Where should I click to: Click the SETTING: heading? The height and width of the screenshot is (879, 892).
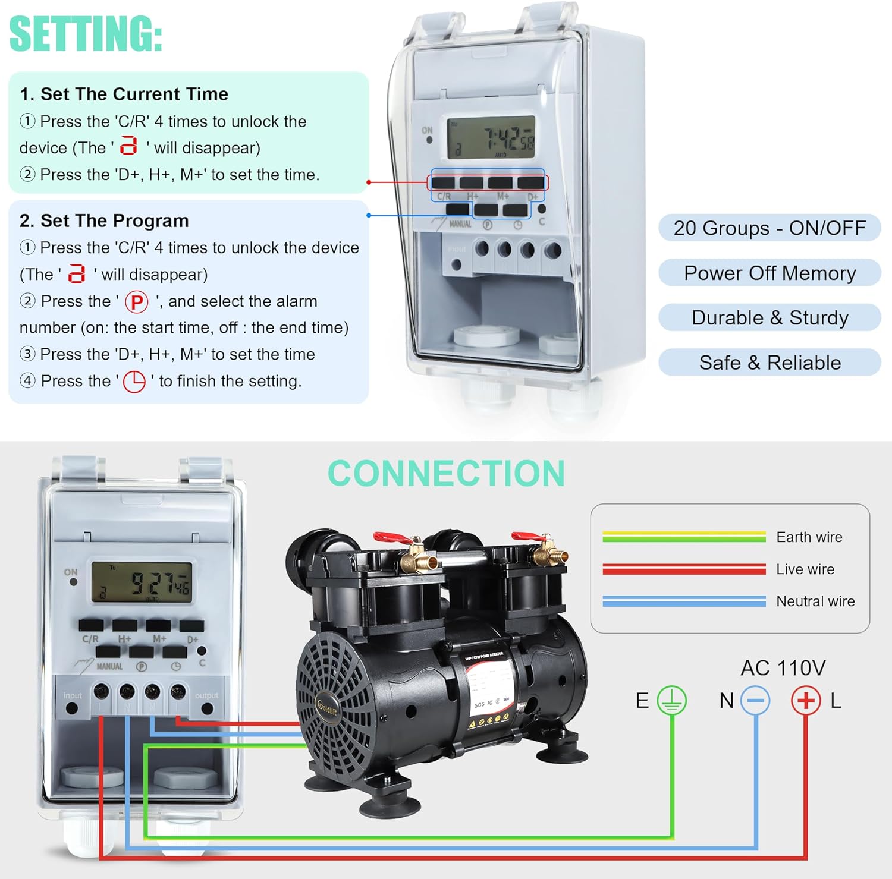coord(86,34)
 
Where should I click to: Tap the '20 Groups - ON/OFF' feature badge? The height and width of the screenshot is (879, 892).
coord(769,228)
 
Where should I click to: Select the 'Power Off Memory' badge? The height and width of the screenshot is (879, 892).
coord(769,273)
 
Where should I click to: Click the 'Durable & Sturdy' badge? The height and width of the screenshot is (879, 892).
coord(769,318)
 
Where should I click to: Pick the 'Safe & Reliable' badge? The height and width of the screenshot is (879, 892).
coord(769,363)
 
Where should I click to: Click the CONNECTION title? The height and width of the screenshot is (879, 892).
coord(446,474)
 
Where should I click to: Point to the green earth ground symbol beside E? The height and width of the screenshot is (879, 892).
coord(671,700)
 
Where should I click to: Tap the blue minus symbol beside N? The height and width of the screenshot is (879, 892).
coord(755,701)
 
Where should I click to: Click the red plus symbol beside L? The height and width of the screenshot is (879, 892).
coord(805,701)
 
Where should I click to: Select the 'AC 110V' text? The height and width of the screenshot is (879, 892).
coord(783,668)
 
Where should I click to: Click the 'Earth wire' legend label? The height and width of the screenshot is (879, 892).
coord(809,537)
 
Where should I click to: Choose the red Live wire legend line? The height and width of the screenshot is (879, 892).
coord(684,569)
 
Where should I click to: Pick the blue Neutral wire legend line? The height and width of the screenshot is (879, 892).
coord(684,601)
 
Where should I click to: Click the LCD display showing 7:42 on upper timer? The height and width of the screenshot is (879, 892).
coord(491,138)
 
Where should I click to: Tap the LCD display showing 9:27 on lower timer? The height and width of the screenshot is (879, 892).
coord(142,582)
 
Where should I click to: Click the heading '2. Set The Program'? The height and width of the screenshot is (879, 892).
coord(104,220)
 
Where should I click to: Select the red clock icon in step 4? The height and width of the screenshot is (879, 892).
coord(134,382)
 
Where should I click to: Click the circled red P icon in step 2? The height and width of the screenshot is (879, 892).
coord(136,302)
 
